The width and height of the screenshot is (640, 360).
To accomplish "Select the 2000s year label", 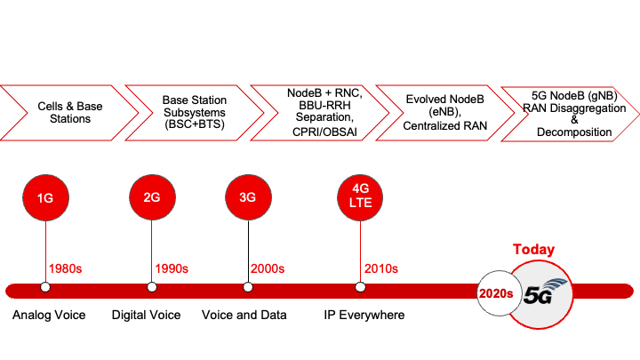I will pos(269,268).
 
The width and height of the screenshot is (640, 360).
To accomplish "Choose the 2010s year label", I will pos(381,268).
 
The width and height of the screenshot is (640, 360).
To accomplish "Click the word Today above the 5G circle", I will pos(533,250).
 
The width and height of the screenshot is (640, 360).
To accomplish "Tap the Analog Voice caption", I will pos(49,316).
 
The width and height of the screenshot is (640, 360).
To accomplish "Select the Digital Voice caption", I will pos(146,316).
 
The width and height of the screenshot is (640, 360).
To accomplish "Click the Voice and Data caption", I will pos(244,316).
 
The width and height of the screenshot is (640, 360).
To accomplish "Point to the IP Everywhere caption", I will pos(364,316).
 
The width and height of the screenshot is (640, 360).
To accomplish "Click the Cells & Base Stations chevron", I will pos(62,111).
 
